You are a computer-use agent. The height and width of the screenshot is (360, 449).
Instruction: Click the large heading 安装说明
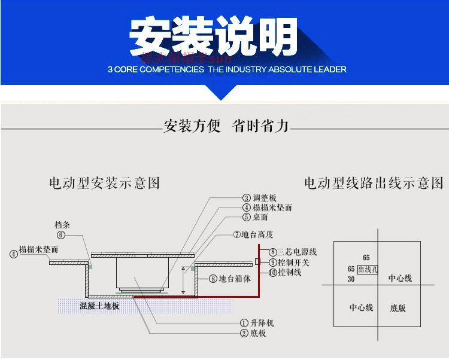(214, 37)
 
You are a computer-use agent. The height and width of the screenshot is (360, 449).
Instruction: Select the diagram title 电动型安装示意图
(104, 183)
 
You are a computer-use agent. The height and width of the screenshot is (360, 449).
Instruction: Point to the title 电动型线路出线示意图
(374, 183)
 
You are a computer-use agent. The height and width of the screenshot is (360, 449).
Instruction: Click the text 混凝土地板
(100, 306)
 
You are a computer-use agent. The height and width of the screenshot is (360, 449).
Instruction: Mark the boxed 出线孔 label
(367, 270)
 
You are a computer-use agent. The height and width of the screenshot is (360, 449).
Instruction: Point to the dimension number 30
(351, 279)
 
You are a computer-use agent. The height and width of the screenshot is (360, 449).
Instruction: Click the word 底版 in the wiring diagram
(398, 308)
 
